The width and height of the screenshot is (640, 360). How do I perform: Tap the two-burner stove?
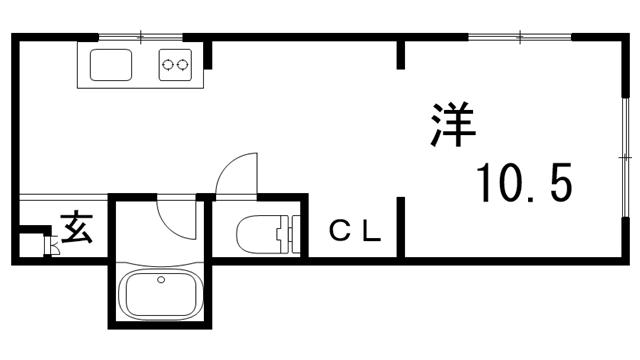point(176,66)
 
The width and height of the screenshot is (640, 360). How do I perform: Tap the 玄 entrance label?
point(76,229)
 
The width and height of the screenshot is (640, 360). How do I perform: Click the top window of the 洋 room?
point(520,38)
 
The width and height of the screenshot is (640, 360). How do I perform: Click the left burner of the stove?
point(168,66)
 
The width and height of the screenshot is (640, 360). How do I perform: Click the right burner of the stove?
point(183,66)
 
